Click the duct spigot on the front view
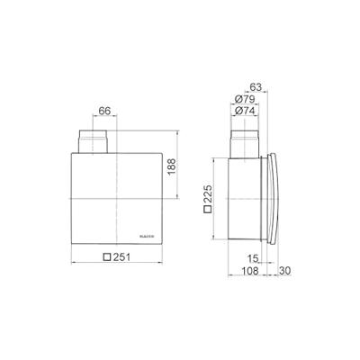93,141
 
